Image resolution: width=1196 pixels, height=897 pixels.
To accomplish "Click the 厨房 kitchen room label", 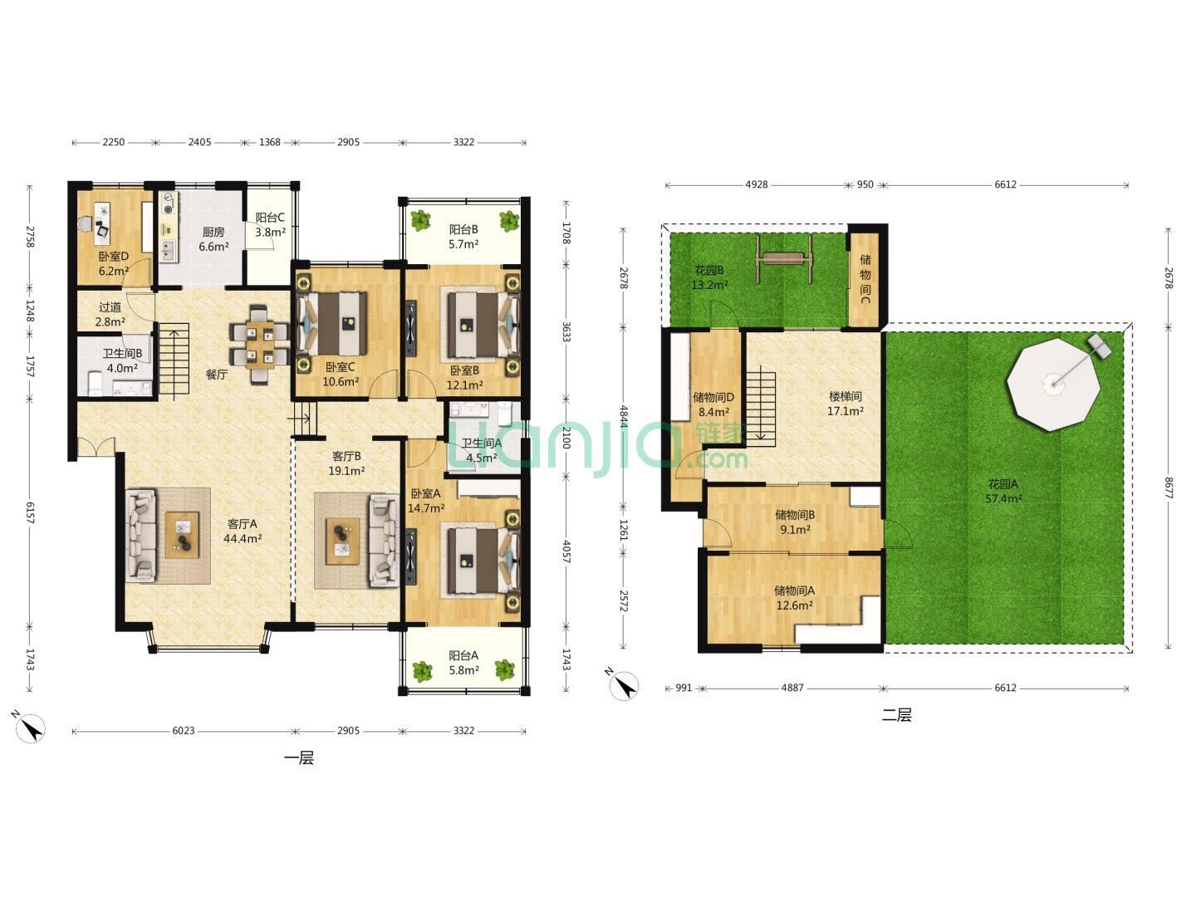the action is pyautogui.click(x=213, y=232).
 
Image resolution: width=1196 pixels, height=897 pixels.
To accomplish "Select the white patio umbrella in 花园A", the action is pyautogui.click(x=1052, y=385).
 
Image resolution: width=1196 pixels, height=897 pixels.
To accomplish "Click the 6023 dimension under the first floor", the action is pyautogui.click(x=183, y=730).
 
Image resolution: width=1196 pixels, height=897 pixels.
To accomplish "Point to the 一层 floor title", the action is pyautogui.click(x=299, y=757).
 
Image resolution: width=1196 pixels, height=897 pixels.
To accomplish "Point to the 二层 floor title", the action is pyautogui.click(x=896, y=714).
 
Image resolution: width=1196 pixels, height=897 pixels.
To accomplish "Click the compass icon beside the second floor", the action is pyautogui.click(x=622, y=684).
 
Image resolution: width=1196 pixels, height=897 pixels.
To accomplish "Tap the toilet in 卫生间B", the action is pyautogui.click(x=95, y=384).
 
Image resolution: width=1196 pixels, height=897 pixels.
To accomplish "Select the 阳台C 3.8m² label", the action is pyautogui.click(x=270, y=224).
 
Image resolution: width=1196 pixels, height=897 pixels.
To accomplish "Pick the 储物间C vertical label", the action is pyautogui.click(x=865, y=279).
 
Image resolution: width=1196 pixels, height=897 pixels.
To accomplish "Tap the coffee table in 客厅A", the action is pyautogui.click(x=183, y=535).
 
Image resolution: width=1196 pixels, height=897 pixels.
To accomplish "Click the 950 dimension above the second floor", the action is pyautogui.click(x=865, y=184).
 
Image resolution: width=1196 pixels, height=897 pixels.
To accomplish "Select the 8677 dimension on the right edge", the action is pyautogui.click(x=1168, y=488).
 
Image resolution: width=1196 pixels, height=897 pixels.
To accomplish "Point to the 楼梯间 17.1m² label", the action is pyautogui.click(x=846, y=404).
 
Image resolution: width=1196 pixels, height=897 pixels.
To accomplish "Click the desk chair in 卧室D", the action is pyautogui.click(x=86, y=223).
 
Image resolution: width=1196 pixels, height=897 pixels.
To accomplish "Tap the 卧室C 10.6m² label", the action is pyautogui.click(x=340, y=374).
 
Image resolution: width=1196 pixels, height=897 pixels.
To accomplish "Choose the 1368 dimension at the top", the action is pyautogui.click(x=269, y=142).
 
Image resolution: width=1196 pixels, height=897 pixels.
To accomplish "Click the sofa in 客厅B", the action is pyautogui.click(x=385, y=540).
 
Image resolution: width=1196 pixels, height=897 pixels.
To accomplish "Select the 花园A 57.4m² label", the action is pyautogui.click(x=1003, y=491).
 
